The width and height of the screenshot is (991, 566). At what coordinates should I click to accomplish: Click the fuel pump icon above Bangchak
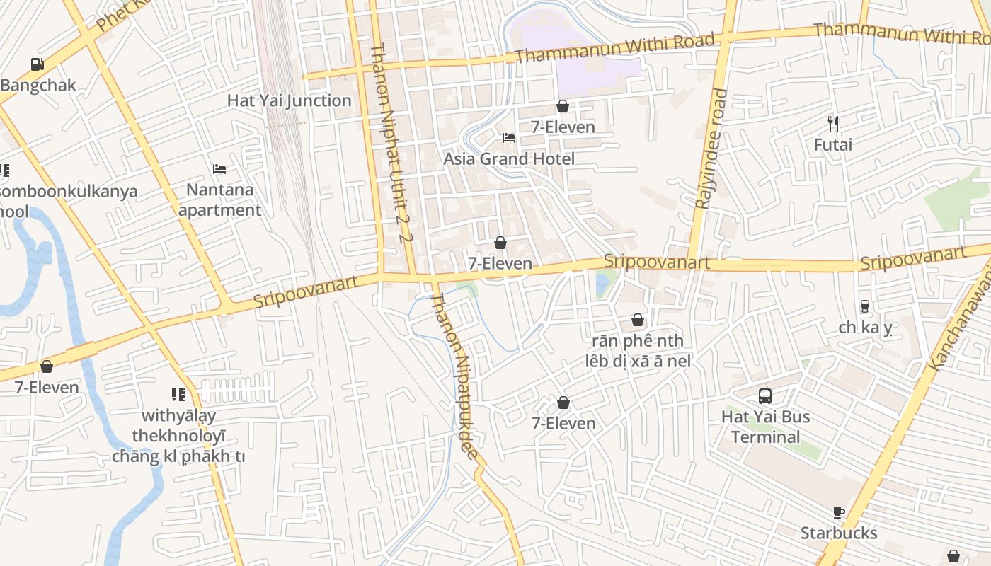(37, 64)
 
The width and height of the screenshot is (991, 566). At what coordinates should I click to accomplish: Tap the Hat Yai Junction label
(289, 100)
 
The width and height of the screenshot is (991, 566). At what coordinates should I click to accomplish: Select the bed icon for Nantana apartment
(219, 169)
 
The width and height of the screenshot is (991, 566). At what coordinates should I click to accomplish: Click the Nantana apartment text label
(219, 200)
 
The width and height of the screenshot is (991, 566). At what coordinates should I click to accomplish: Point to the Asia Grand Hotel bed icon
(508, 137)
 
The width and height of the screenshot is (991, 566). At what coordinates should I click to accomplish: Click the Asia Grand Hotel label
(508, 158)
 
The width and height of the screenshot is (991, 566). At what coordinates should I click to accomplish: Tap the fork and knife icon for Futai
(833, 124)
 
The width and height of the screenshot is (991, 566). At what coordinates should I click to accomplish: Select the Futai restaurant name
(833, 145)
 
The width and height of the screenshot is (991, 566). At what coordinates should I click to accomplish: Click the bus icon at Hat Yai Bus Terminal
(765, 395)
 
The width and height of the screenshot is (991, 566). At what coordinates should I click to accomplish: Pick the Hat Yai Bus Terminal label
(765, 427)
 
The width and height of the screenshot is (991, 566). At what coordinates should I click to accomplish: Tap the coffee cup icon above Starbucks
(839, 512)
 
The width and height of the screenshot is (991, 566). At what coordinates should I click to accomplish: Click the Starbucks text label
(839, 533)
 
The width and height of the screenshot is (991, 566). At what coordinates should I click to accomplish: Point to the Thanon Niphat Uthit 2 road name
(390, 141)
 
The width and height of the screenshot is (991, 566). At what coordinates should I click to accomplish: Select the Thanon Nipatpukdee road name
(457, 375)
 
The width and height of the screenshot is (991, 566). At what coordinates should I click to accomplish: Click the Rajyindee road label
(711, 149)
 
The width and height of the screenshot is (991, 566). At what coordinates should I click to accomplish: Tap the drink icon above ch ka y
(864, 306)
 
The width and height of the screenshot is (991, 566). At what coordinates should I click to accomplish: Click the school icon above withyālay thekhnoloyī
(178, 394)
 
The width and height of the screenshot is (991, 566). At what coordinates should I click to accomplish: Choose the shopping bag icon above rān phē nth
(638, 320)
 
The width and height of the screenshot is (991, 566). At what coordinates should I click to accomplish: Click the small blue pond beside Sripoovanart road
(602, 284)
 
